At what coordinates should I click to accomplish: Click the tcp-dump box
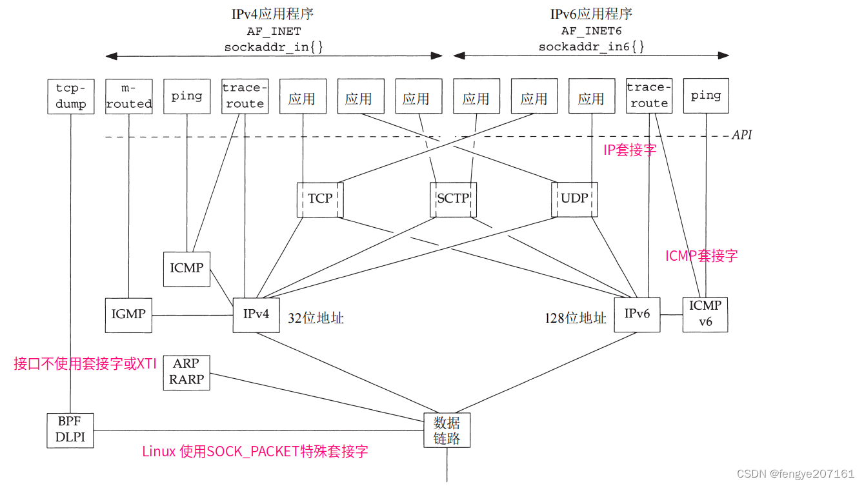71,96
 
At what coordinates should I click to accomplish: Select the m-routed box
129,96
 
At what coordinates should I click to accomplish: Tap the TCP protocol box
320,199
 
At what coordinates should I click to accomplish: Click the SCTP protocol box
453,199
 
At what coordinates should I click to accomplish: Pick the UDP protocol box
574,199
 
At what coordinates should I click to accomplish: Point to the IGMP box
128,315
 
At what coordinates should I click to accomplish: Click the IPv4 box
256,315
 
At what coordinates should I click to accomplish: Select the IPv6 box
637,314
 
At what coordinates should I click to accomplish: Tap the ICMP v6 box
705,314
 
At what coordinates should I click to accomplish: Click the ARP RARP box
186,372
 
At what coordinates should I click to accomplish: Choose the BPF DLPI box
70,430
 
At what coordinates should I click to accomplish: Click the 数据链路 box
447,430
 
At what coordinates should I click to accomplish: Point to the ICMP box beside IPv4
186,268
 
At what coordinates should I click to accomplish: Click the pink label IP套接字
629,150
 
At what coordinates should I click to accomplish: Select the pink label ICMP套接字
701,256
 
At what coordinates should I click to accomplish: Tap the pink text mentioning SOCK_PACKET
255,451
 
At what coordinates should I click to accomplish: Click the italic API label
741,136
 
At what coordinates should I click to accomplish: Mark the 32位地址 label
316,318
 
